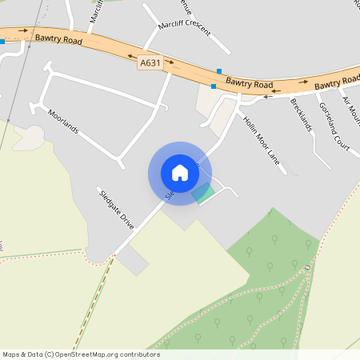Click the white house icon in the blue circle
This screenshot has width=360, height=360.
[180, 173]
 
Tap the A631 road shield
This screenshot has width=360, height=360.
[150, 62]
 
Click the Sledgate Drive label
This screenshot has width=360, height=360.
[116, 209]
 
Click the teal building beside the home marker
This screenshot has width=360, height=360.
[203, 193]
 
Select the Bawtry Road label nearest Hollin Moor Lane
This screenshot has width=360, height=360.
[249, 83]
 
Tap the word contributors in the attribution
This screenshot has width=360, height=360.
[140, 354]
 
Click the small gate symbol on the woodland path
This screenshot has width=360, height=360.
[308, 267]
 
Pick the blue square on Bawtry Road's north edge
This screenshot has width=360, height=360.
[219, 71]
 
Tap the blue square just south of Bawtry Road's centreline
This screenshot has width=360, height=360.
[214, 86]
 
